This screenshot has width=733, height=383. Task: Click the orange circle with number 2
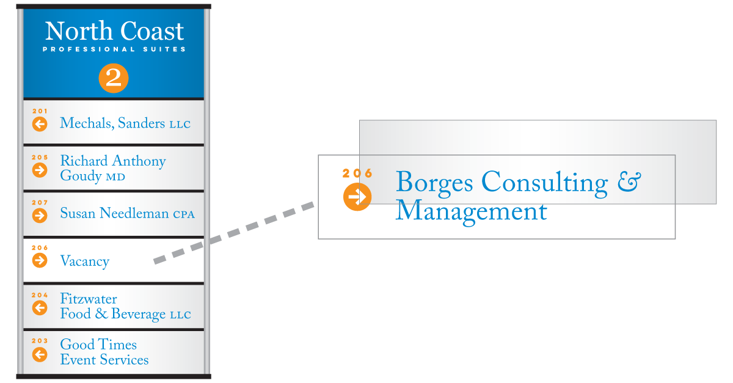pos(114,78)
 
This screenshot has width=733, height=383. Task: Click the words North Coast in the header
pos(114,31)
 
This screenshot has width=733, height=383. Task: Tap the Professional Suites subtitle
pos(114,49)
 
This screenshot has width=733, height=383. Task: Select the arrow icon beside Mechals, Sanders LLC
pos(40,124)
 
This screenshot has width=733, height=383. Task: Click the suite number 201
pos(40,111)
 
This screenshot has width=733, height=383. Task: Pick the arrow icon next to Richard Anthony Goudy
pos(40,170)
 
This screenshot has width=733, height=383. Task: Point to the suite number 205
pos(40,157)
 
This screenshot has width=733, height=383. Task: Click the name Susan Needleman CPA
pos(127,213)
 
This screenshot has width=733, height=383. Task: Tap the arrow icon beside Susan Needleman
pos(40,216)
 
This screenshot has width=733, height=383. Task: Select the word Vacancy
pos(85,261)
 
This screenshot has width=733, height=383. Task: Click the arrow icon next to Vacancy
pos(40,260)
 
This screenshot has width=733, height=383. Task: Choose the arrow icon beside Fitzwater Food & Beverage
pos(40,308)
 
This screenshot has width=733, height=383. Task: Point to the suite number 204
pos(40,295)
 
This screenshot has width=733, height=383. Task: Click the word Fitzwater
pos(89,299)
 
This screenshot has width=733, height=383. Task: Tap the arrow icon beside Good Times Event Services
pos(40,354)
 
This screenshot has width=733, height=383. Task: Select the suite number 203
pos(40,341)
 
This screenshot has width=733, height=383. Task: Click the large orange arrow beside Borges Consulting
pos(357,197)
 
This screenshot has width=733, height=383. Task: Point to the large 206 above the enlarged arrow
pos(357,173)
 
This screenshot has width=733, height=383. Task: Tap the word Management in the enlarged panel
pos(471,212)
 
